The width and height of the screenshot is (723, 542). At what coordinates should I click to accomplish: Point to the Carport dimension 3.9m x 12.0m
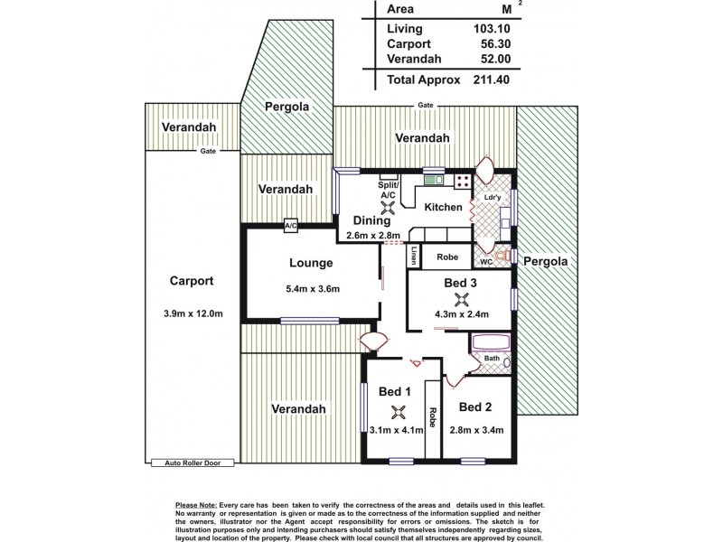[x=191, y=313]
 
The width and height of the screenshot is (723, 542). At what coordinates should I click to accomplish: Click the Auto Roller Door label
[x=192, y=463]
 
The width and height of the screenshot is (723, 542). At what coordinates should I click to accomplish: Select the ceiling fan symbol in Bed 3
[x=463, y=301]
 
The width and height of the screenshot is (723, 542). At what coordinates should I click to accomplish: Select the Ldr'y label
[x=493, y=198]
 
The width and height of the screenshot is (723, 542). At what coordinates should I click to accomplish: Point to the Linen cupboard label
[x=414, y=256]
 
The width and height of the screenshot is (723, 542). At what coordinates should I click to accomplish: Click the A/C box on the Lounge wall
[x=291, y=226]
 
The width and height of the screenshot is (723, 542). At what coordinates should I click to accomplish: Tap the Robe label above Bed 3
[x=447, y=257]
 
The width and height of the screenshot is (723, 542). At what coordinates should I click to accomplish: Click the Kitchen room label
[x=443, y=207]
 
